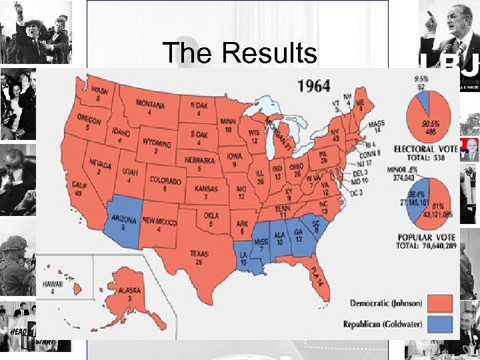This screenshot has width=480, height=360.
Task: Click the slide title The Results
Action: pos(239,53)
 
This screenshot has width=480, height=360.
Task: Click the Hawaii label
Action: pos(53,286)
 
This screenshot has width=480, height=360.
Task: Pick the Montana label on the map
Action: pos(151,107)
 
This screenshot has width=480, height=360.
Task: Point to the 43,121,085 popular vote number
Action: pos(437,215)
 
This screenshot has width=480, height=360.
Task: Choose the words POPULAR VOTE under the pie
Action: pos(427,237)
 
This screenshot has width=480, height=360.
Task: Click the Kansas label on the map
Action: pos(207,192)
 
